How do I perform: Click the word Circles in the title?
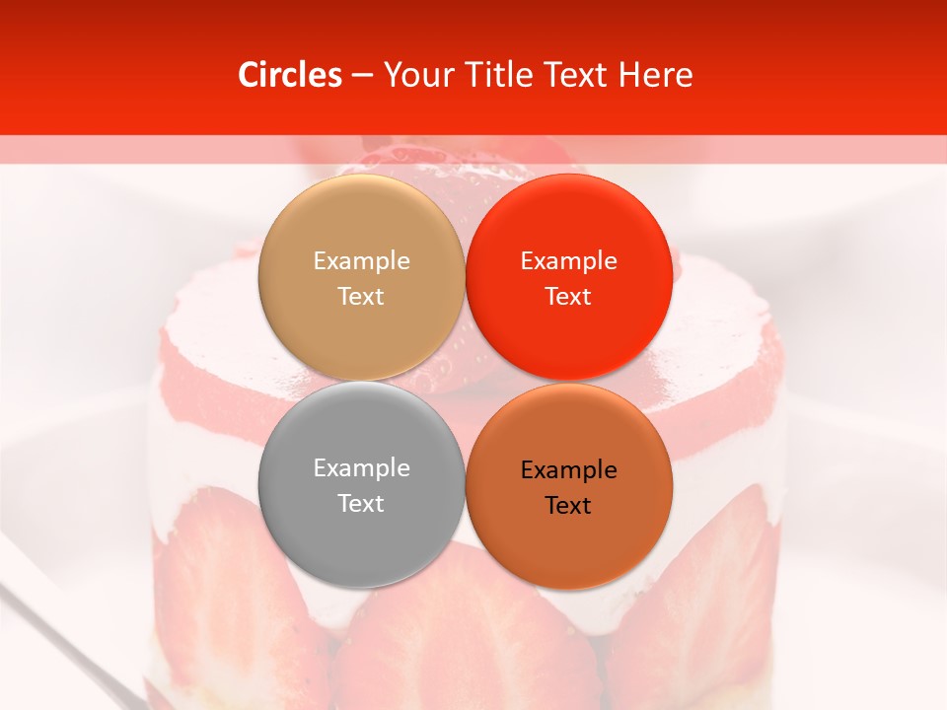tap(289, 75)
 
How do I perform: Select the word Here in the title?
tap(655, 75)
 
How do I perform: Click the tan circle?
tap(361, 277)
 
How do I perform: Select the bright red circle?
tap(568, 277)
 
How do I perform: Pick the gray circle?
tap(361, 484)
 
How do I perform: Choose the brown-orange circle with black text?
tap(568, 486)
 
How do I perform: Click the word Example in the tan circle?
tap(361, 260)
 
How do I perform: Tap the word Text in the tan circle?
tap(361, 296)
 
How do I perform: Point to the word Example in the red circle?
tap(568, 260)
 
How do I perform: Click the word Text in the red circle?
tap(568, 296)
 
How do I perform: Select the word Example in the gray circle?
tap(361, 467)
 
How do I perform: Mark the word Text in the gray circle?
tap(361, 503)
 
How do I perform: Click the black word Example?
tap(568, 469)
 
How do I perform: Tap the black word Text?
tap(568, 505)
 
